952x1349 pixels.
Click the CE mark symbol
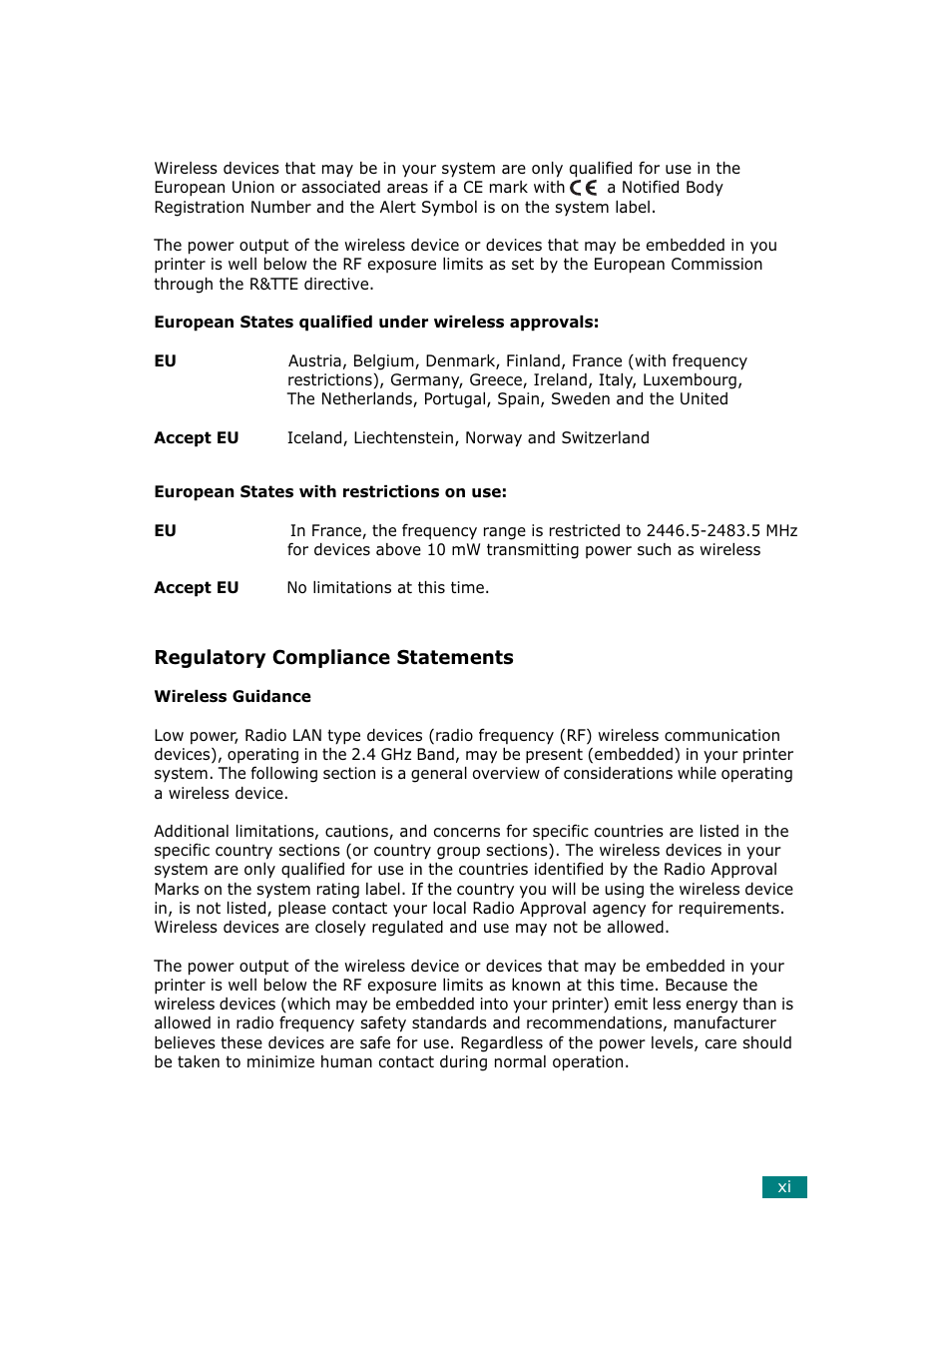(x=584, y=188)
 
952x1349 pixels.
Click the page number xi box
(x=784, y=1186)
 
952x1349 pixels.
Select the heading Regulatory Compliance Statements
(x=333, y=657)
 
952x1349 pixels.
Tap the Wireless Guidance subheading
(x=233, y=696)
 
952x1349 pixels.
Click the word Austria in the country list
(x=315, y=360)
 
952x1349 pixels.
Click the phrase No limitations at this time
(x=387, y=587)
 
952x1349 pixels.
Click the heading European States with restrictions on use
(x=330, y=491)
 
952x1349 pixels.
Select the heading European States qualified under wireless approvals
(x=376, y=322)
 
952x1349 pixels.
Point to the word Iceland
(x=314, y=437)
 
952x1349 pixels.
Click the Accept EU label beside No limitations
(x=197, y=587)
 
